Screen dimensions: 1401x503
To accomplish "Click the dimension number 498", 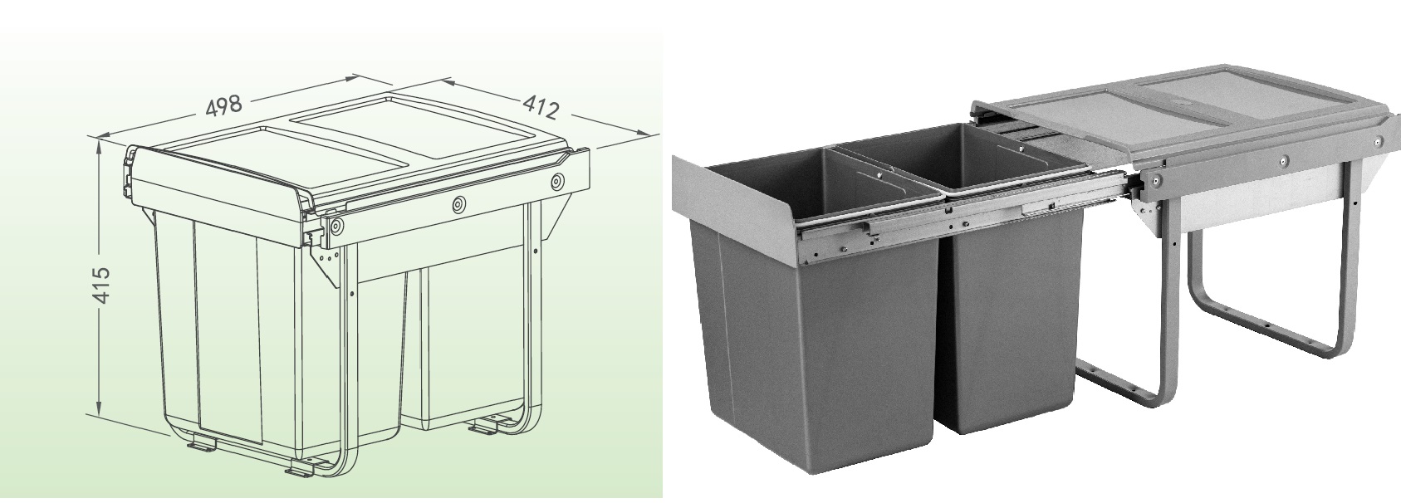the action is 223,105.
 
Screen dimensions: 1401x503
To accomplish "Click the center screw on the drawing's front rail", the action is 459,203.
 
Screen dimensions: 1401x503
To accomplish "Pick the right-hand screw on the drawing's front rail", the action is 556,182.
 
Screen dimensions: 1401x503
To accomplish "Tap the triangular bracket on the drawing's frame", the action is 326,257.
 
